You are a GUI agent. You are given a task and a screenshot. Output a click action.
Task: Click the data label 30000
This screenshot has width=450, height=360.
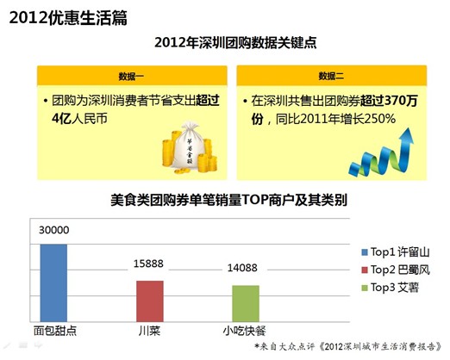click(53, 230)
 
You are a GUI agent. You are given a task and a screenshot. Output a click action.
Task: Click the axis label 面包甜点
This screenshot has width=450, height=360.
click(53, 331)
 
